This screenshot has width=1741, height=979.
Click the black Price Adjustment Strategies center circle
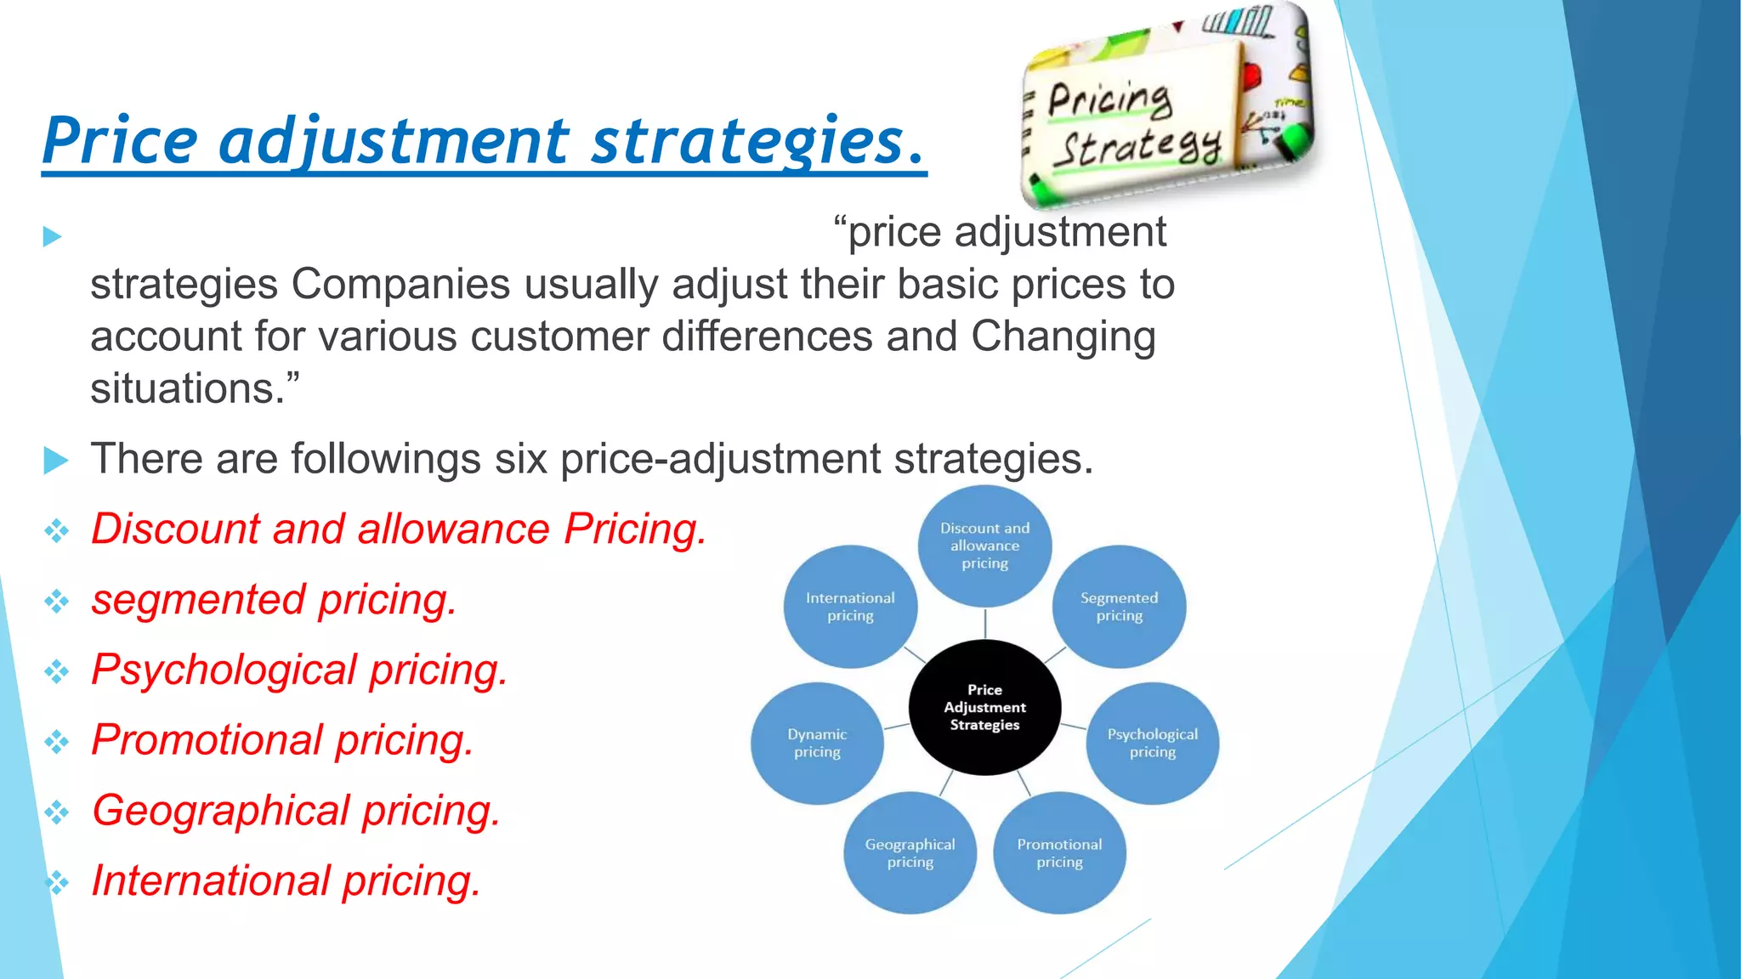[x=984, y=707]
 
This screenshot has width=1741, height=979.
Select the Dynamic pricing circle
[x=817, y=743]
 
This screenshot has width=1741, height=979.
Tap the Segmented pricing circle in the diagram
[x=1119, y=607]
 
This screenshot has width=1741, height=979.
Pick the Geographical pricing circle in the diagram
[x=910, y=852]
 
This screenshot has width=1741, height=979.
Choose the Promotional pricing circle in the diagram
[x=1059, y=852]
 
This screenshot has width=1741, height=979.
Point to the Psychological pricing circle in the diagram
[x=1152, y=743]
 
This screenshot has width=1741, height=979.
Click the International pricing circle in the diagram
[x=850, y=607]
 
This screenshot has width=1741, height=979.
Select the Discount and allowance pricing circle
[x=984, y=546]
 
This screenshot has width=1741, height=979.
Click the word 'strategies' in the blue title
[x=748, y=141]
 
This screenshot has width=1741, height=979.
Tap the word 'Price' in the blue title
[x=120, y=141]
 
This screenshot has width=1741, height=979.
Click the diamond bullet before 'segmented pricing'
[x=57, y=602]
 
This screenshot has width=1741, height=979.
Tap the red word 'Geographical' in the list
[x=220, y=810]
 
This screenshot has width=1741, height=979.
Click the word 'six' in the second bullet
[x=520, y=459]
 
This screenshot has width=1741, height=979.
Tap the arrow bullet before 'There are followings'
[x=55, y=460]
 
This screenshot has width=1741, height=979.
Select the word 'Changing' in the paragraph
[x=1063, y=337]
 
